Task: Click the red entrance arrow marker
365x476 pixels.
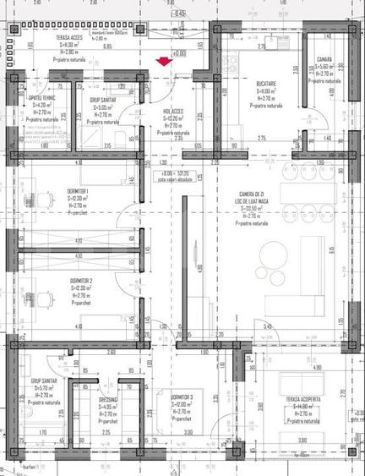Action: pos(172,59)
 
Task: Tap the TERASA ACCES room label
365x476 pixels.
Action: pos(69,38)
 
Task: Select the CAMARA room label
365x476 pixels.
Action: pos(324,59)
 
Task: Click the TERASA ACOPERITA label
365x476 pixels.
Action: pos(301,398)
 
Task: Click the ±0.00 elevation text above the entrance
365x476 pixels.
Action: pos(179,53)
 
